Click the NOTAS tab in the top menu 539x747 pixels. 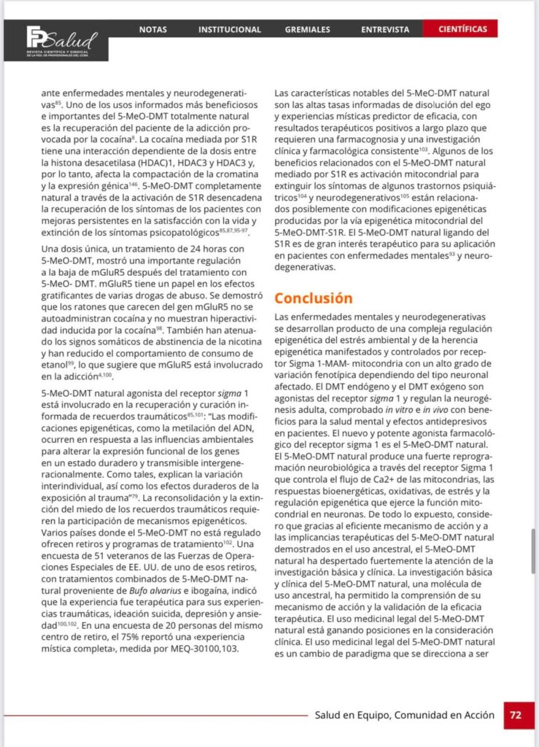point(153,29)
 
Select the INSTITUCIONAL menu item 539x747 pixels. point(230,29)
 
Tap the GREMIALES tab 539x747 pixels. point(307,29)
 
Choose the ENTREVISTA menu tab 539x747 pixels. point(385,29)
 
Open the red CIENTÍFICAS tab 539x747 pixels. point(463,29)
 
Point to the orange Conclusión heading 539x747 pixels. point(314,298)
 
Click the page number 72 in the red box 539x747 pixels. point(516,715)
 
